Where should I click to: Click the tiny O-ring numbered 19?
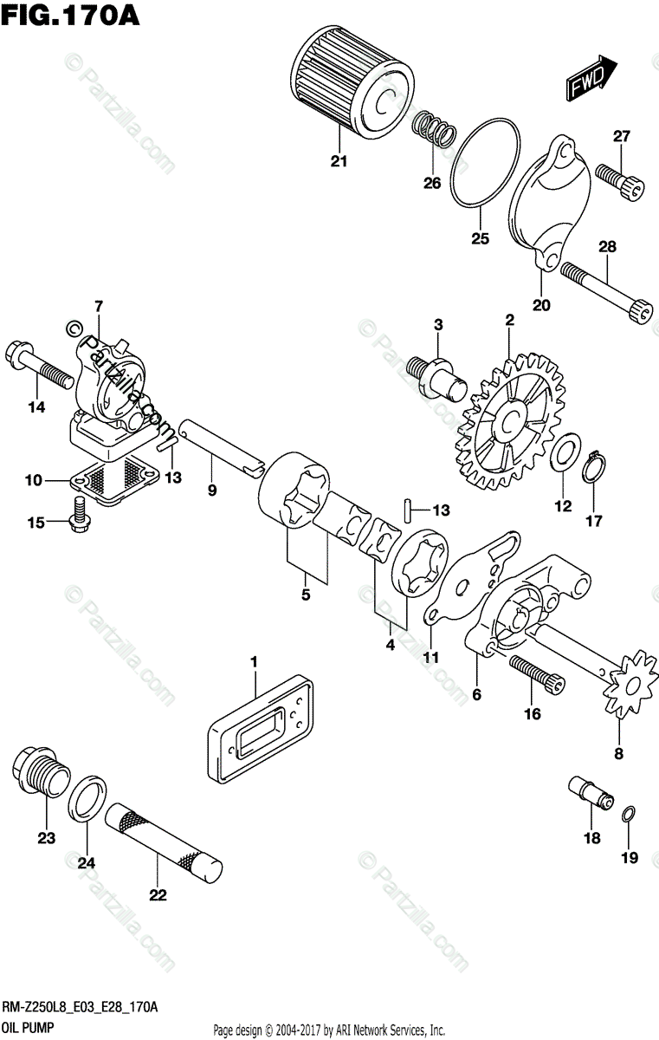tap(629, 813)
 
